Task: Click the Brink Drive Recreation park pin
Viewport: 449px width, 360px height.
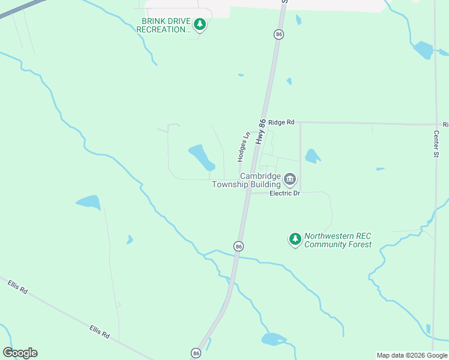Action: (200, 25)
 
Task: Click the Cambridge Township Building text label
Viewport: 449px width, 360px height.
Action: (251, 180)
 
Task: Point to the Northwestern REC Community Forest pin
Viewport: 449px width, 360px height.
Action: (295, 239)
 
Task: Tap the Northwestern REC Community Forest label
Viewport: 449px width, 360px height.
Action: (337, 240)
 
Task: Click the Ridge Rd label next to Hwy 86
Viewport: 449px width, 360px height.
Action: (281, 122)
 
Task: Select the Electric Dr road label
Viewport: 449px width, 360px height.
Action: (285, 193)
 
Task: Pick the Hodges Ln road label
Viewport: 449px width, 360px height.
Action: (243, 147)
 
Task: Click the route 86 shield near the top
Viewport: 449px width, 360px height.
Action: (279, 35)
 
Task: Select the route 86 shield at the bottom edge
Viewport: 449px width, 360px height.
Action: (196, 353)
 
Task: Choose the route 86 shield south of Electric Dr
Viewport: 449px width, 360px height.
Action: (238, 247)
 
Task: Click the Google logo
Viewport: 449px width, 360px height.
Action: (20, 353)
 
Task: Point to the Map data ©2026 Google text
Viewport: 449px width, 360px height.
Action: (412, 355)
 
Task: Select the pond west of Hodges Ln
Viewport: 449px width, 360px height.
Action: (202, 157)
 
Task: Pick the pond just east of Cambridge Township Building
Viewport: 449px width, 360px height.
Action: (312, 157)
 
